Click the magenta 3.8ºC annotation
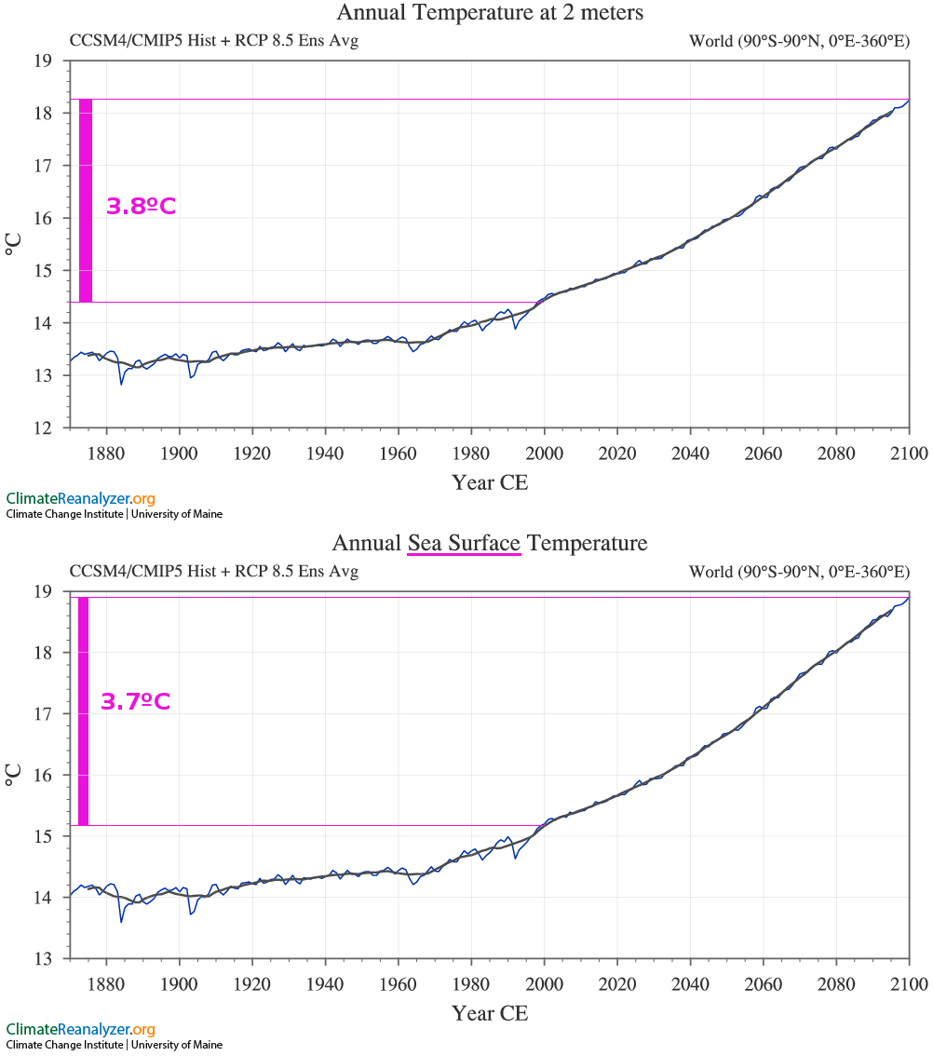[141, 207]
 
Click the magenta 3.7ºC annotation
[135, 702]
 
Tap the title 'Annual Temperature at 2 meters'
[490, 13]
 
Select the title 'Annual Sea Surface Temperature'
[490, 543]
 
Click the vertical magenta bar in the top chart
[85, 200]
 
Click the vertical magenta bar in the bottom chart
[83, 711]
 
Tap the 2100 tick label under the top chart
[909, 454]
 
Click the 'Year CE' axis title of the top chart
[490, 482]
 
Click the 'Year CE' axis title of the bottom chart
[490, 1013]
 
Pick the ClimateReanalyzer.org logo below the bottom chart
[80, 1029]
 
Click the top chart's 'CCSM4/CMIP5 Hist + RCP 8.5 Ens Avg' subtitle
[214, 41]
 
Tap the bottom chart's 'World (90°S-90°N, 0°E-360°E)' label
[799, 572]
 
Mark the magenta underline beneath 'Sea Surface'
[464, 555]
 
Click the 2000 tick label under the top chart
[544, 454]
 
